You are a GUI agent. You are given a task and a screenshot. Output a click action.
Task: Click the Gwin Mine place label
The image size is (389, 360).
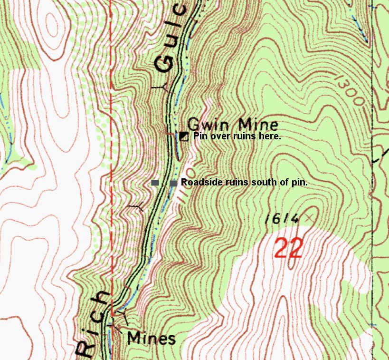point(233,125)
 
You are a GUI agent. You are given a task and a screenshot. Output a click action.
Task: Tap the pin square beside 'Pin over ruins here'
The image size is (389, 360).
point(183,136)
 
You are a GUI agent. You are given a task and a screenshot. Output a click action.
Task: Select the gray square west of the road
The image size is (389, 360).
point(155,183)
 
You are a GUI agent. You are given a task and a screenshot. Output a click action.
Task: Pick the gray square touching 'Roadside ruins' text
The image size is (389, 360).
point(173,183)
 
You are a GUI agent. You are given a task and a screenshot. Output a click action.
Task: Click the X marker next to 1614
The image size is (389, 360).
point(310,218)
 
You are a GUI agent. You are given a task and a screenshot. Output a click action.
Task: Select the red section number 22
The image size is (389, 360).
point(288,249)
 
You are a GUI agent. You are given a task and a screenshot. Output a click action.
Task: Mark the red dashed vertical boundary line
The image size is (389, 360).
point(111,143)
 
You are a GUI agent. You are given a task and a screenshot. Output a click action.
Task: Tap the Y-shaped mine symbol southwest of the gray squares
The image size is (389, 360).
point(137,207)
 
